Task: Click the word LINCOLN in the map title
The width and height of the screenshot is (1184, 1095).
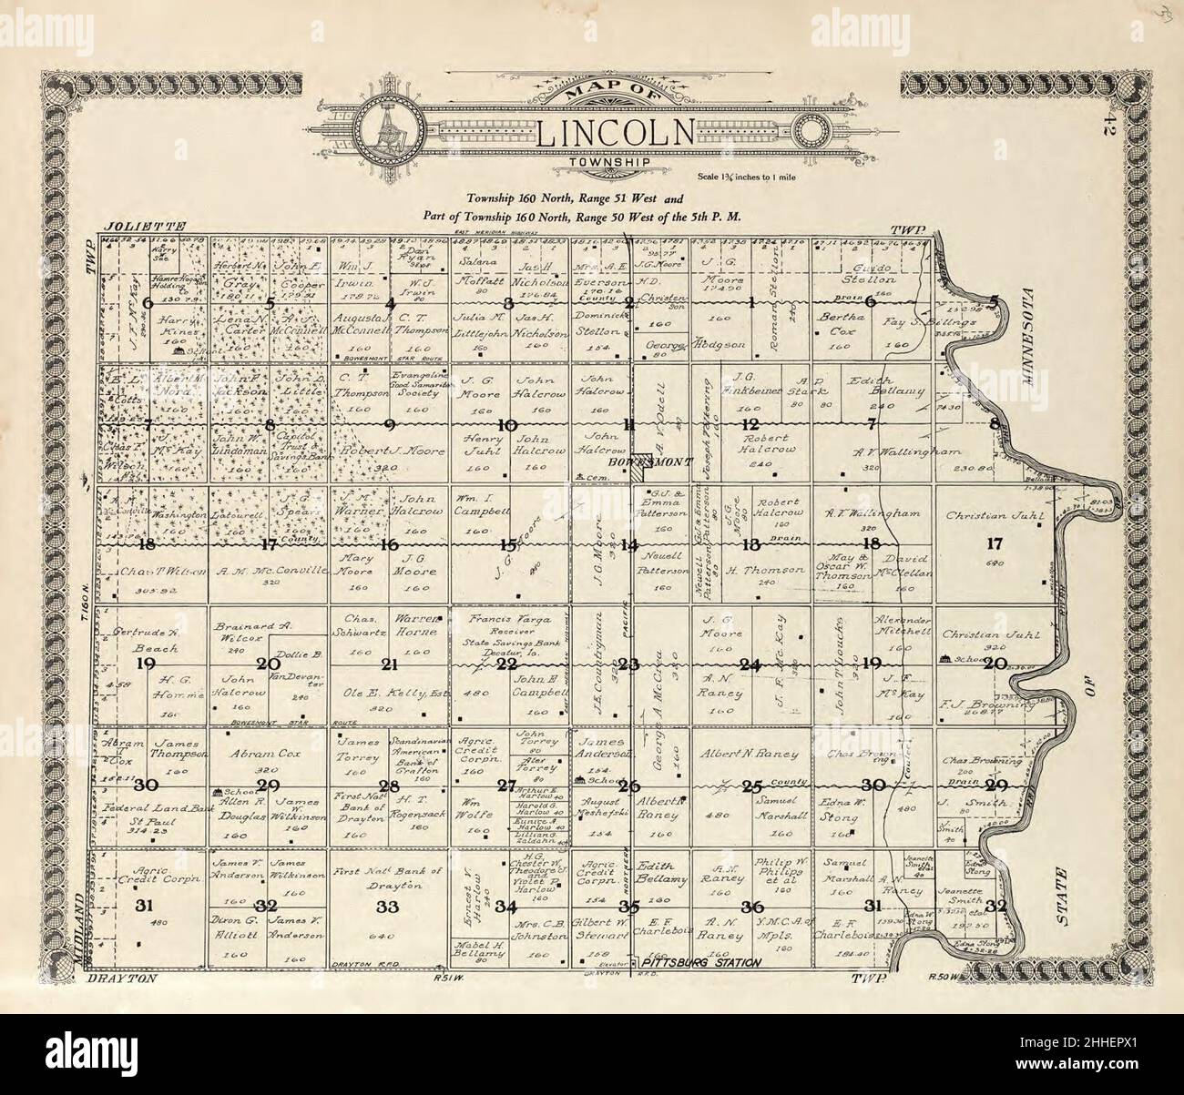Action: click(x=617, y=133)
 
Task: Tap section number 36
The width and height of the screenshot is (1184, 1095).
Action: click(x=752, y=906)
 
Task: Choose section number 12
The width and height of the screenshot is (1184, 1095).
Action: click(x=750, y=425)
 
